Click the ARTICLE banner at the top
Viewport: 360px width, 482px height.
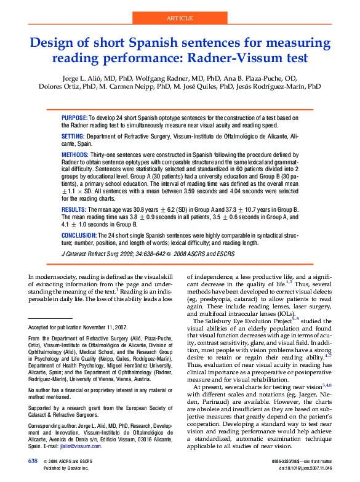tap(180, 18)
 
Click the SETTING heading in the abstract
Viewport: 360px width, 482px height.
tap(73, 135)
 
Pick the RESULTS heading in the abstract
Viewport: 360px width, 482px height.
tap(74, 210)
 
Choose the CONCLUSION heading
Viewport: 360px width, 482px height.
tap(79, 236)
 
